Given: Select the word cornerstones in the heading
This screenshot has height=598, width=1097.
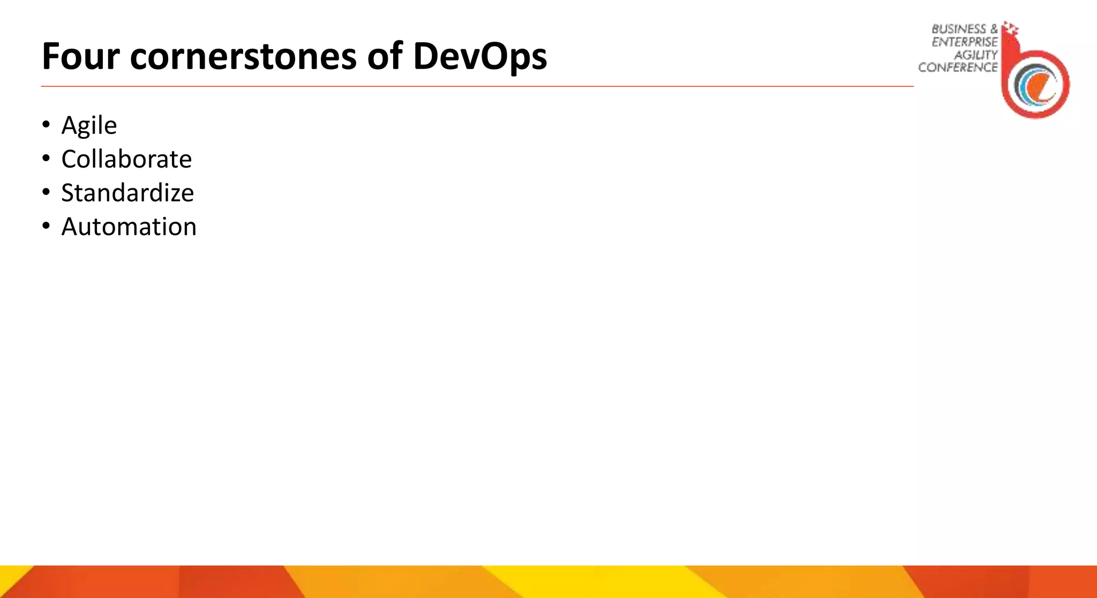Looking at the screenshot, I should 243,56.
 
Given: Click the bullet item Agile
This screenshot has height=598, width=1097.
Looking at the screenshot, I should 89,126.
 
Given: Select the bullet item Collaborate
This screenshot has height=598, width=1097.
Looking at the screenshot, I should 126,159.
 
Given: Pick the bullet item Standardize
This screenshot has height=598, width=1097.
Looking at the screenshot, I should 127,193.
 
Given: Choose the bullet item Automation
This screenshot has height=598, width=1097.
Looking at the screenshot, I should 129,226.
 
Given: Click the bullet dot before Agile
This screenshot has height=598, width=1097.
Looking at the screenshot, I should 46,125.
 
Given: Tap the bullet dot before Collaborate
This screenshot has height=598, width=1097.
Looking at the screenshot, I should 46,158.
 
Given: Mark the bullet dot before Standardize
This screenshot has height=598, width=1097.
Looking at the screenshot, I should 46,192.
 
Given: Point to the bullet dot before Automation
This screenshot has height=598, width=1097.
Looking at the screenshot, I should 46,226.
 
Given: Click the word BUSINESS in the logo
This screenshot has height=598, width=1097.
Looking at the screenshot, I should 958,29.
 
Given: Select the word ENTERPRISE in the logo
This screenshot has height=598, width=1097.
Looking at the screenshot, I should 964,42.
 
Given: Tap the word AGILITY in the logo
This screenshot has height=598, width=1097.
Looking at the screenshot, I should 975,55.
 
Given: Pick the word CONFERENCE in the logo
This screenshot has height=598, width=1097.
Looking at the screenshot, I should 958,67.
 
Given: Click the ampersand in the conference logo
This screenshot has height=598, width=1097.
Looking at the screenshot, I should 994,29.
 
